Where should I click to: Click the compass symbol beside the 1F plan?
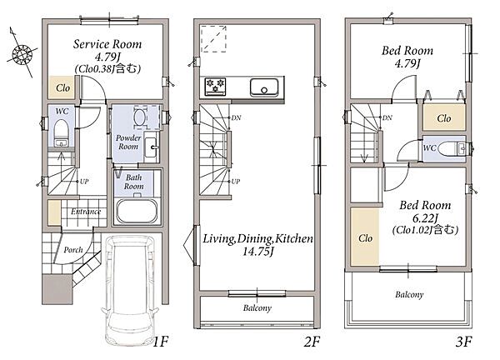22,53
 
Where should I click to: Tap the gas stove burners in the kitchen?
215,86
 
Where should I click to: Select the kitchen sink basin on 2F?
264,87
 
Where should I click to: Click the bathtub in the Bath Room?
137,211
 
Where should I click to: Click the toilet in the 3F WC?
451,149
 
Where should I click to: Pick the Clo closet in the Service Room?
62,87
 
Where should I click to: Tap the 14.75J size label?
257,252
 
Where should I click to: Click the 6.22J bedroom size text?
425,218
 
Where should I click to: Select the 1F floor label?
160,342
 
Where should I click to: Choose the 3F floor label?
463,342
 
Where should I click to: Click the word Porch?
73,250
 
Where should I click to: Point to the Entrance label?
86,212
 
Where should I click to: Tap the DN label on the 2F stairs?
236,118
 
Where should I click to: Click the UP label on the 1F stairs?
84,182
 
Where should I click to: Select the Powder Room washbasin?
150,147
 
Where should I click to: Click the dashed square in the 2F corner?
213,39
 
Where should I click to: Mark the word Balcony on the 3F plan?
409,295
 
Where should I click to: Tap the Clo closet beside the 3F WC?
444,117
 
